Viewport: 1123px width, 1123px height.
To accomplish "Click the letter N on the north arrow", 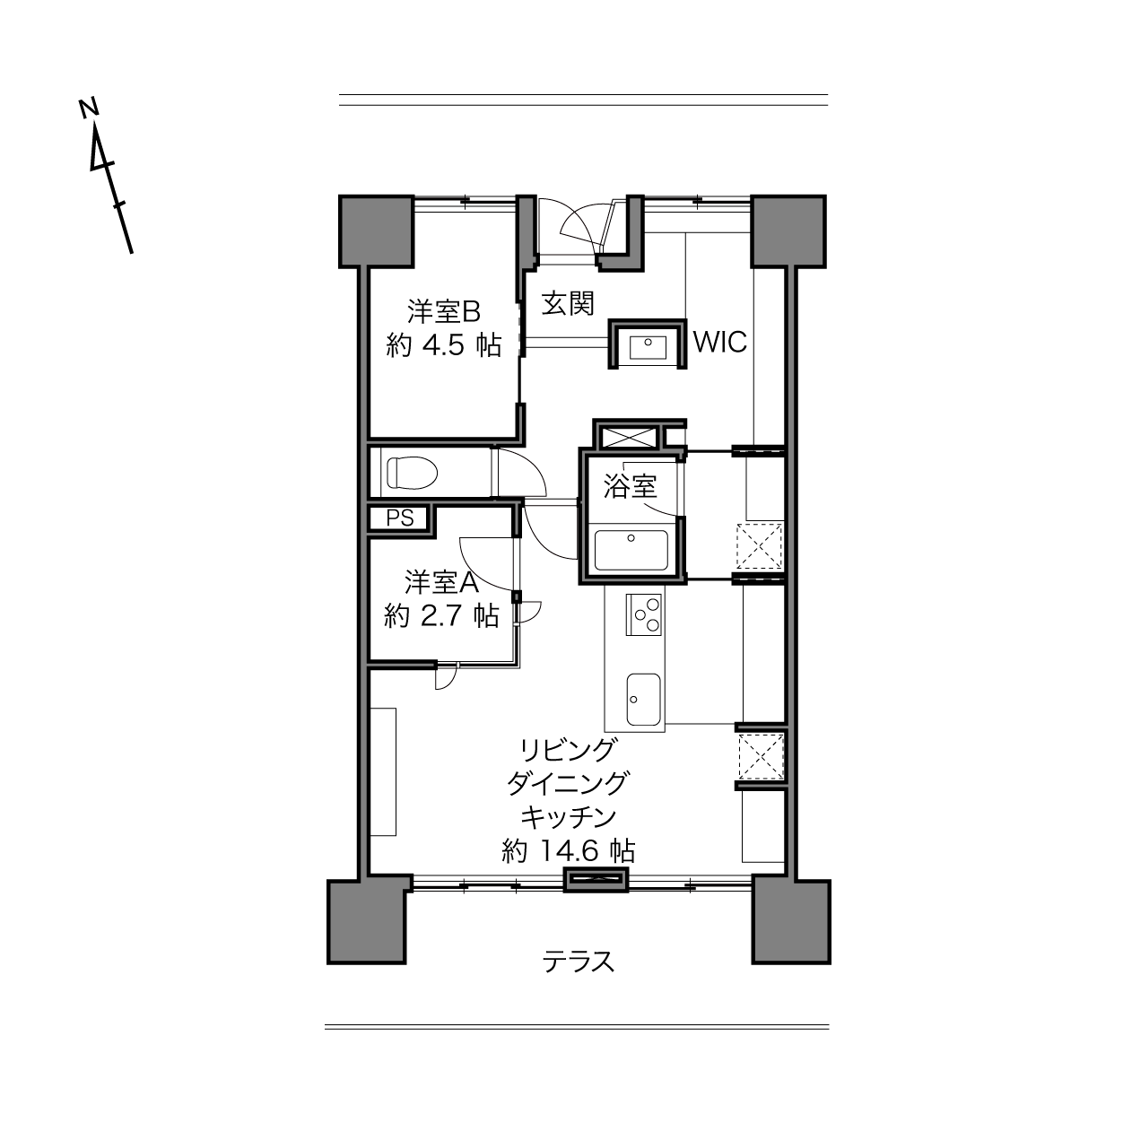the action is tap(88, 108).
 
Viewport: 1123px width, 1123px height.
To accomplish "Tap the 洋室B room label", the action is tap(443, 311).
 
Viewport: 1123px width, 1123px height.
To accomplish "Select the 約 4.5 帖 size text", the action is tap(443, 346).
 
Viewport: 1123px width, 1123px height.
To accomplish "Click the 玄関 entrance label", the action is tap(568, 304).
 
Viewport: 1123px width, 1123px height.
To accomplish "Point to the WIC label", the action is tap(719, 342).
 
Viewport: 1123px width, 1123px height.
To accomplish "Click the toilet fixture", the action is tap(412, 473).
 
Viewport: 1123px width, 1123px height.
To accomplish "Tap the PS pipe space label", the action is tap(400, 518).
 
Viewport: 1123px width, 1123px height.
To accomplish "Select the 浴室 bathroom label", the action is tap(630, 486).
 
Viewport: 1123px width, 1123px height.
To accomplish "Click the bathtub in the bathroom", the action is tap(631, 550).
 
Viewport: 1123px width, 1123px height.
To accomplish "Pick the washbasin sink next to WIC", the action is tap(648, 348).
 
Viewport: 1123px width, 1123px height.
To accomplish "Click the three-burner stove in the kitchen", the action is tap(644, 614).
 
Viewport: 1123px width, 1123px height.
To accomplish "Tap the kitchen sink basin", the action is tap(643, 699).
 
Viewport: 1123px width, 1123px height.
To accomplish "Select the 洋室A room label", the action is tap(441, 581).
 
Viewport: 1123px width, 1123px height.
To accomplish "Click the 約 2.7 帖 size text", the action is tap(441, 615).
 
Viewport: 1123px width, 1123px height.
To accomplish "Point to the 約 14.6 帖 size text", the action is tap(568, 851).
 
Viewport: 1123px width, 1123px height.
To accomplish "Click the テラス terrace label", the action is tap(579, 961).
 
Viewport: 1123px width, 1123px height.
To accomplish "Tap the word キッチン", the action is tap(568, 817).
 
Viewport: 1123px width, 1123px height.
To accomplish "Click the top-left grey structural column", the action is tap(377, 231).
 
